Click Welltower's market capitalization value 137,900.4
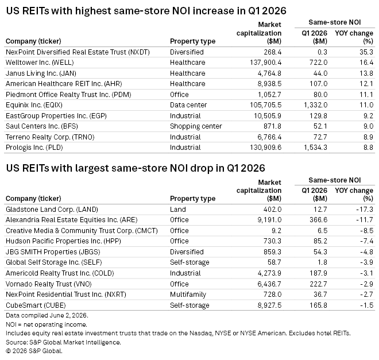pos(266,63)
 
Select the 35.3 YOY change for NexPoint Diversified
pos(366,52)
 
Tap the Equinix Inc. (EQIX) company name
pos(34,105)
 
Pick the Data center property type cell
pos(188,105)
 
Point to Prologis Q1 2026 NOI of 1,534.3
pos(315,148)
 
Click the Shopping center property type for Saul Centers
pos(196,126)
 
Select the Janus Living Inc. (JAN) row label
pos(41,73)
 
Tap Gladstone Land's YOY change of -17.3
pos(365,209)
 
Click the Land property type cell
pos(178,209)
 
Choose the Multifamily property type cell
pos(188,295)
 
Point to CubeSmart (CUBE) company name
pos(36,305)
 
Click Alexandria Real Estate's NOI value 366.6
pos(319,220)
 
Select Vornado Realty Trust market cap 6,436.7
pos(269,284)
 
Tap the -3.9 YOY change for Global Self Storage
pos(367,262)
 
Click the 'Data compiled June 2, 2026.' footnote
pos(47,316)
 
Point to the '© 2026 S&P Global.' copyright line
pos(34,351)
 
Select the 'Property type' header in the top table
pos(192,41)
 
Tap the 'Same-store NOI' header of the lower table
pos(335,180)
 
